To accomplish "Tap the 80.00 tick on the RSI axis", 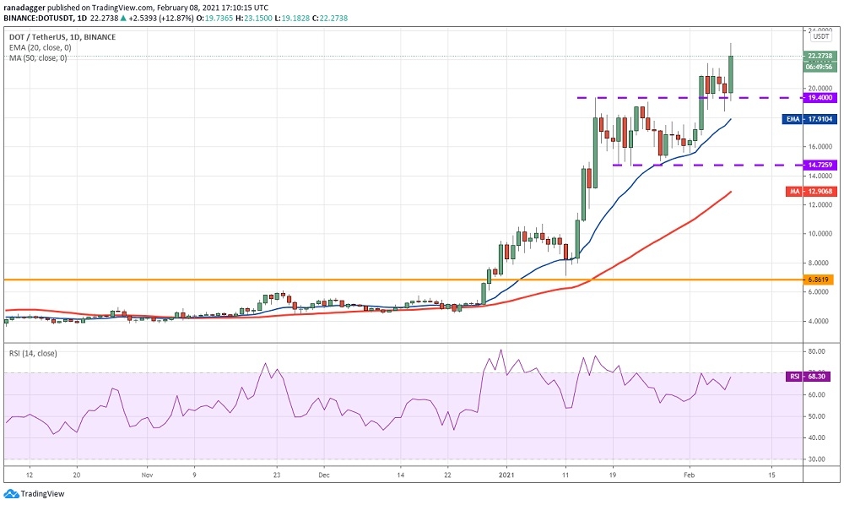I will click(x=818, y=350).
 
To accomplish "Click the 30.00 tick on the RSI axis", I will click(x=818, y=459).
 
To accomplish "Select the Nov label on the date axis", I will click(x=147, y=475).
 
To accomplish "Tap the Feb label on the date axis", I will click(x=690, y=475).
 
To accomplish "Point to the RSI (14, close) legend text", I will click(x=33, y=353).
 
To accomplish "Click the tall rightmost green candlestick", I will click(x=730, y=74).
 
